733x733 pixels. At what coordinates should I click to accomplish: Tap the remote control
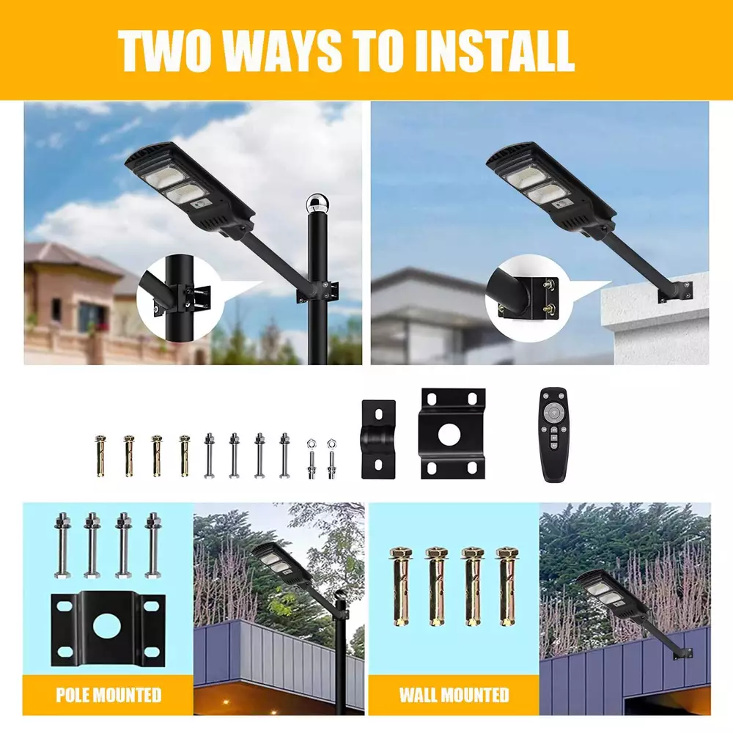[x=554, y=434]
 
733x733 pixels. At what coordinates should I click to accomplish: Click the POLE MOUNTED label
[x=108, y=695]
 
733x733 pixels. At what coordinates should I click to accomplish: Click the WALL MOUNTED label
[x=454, y=695]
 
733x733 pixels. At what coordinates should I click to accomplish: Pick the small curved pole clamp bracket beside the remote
[x=379, y=439]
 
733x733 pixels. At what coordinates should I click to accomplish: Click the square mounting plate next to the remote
[x=452, y=433]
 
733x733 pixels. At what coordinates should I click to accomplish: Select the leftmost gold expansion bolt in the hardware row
[x=100, y=456]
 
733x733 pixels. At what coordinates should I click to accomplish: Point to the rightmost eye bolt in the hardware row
[x=331, y=459]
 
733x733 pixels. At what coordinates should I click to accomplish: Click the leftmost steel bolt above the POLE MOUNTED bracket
[x=62, y=545]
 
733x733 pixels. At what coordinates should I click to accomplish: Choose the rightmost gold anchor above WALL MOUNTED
[x=508, y=586]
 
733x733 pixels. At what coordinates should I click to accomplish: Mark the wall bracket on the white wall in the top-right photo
[x=674, y=292]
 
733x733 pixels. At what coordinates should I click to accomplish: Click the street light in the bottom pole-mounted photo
[x=281, y=567]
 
